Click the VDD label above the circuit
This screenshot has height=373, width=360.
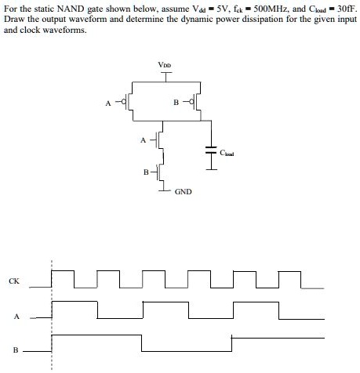[x=165, y=65]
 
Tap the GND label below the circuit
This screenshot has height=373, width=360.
[x=183, y=191]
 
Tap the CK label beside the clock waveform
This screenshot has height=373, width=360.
[x=13, y=279]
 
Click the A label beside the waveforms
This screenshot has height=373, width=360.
[x=14, y=317]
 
